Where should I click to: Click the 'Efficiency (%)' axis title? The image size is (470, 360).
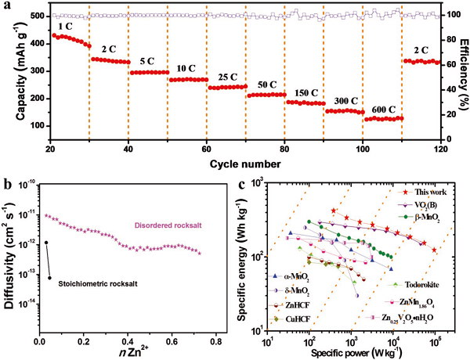point(464,74)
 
